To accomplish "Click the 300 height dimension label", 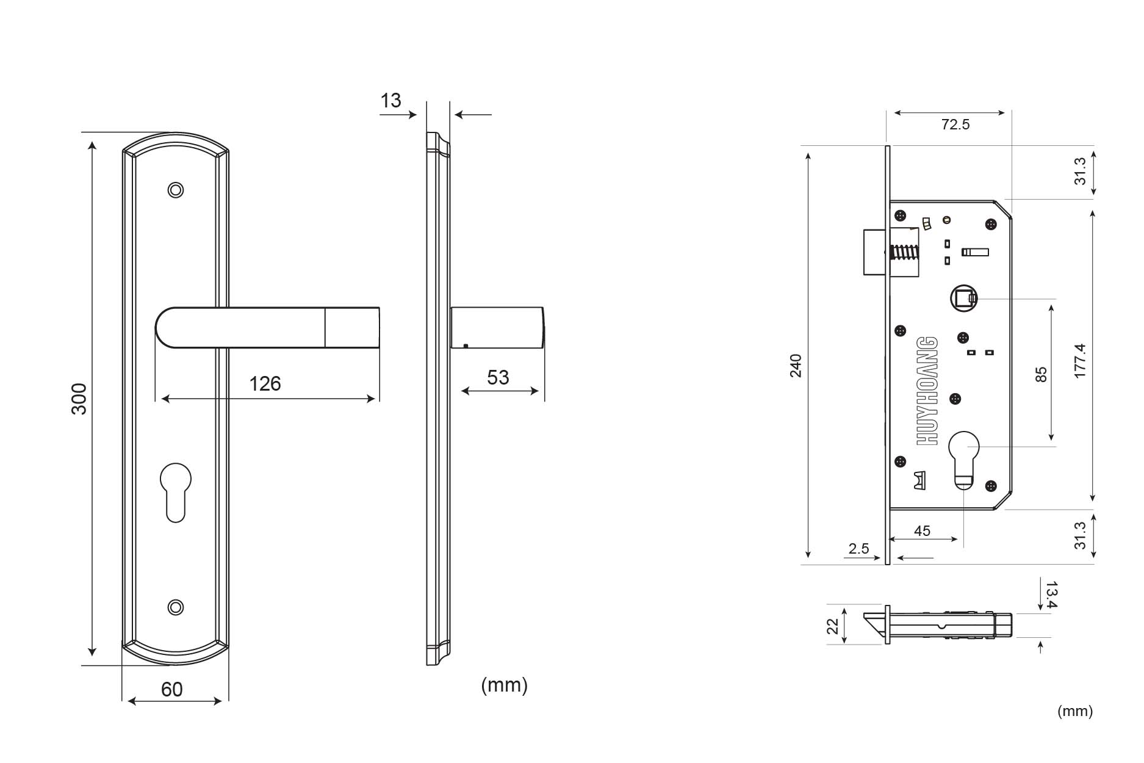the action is pyautogui.click(x=79, y=399).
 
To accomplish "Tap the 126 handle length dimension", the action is pyautogui.click(x=265, y=383).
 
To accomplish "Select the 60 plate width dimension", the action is pyautogui.click(x=171, y=689).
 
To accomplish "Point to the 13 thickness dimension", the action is pyautogui.click(x=390, y=100).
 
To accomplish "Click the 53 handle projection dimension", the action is pyautogui.click(x=498, y=377).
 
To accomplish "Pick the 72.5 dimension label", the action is pyautogui.click(x=955, y=125).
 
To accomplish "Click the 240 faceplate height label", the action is pyautogui.click(x=796, y=365).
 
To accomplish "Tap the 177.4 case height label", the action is pyautogui.click(x=1080, y=361).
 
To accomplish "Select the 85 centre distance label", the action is pyautogui.click(x=1041, y=374).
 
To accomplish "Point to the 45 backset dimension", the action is pyautogui.click(x=922, y=530).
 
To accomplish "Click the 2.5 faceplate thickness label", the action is pyautogui.click(x=858, y=549).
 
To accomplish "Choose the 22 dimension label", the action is pyautogui.click(x=833, y=626).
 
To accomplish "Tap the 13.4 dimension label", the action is pyautogui.click(x=1051, y=595).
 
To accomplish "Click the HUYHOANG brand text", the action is pyautogui.click(x=927, y=390).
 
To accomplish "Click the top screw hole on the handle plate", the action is pyautogui.click(x=176, y=190).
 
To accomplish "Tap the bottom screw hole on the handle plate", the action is pyautogui.click(x=176, y=607).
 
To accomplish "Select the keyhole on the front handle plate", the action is pyautogui.click(x=176, y=492).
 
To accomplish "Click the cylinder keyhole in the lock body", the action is pyautogui.click(x=964, y=460).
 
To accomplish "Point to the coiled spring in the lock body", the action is pyautogui.click(x=904, y=252).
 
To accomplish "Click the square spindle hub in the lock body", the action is pyautogui.click(x=963, y=298).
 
